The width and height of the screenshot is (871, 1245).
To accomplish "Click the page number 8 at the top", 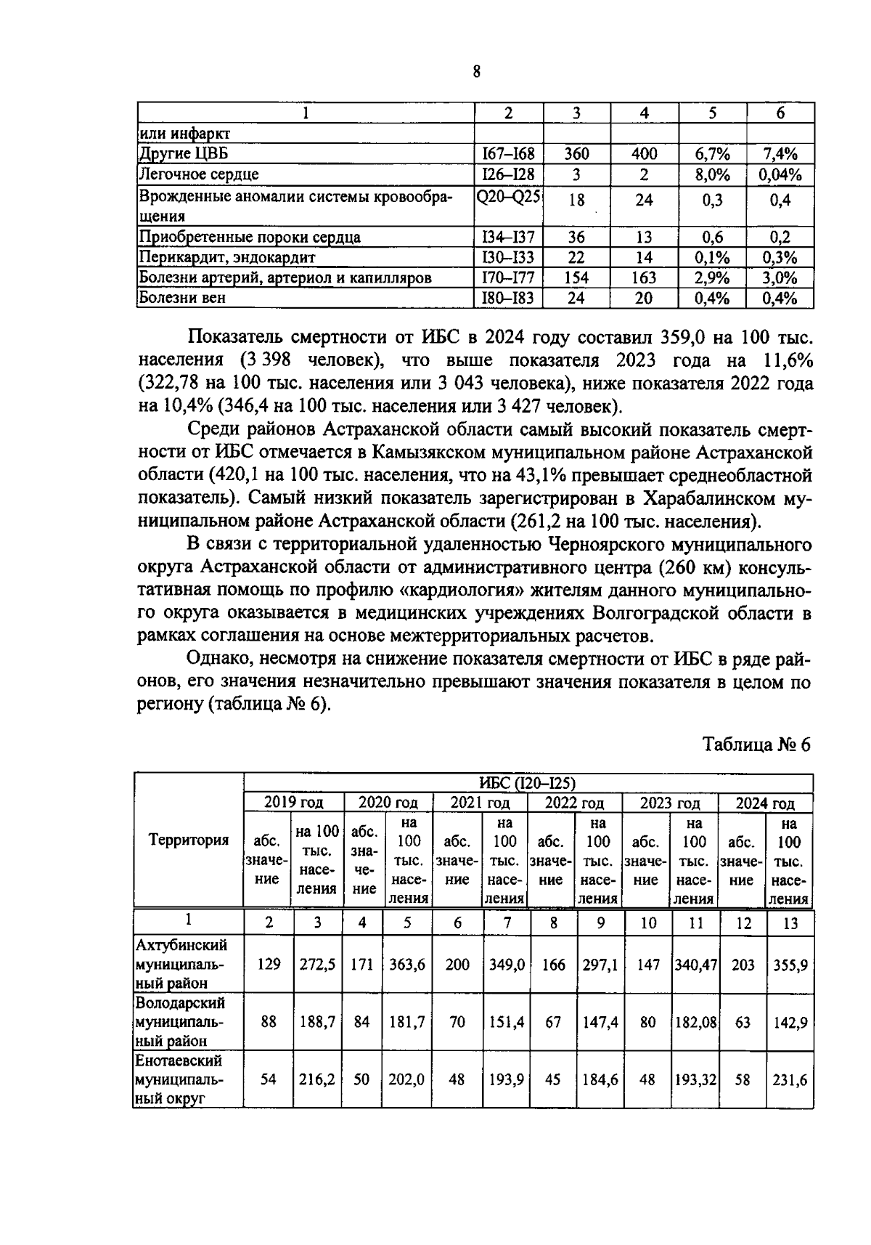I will [x=476, y=71].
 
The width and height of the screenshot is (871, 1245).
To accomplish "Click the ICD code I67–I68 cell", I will [x=508, y=154].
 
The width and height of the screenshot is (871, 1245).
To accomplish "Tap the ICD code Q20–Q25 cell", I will [x=508, y=196].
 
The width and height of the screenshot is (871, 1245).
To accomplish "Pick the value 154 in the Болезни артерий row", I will [x=576, y=277].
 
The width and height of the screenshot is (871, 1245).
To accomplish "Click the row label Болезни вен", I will [x=182, y=298].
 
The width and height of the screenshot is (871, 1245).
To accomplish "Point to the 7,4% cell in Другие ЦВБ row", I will [x=780, y=154].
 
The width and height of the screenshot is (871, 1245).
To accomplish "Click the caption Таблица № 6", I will [x=756, y=745].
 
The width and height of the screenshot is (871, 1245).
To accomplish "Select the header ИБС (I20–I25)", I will [x=528, y=783].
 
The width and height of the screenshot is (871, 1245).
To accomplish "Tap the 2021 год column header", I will [x=480, y=803].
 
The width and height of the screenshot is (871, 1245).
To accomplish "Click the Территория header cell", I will [x=189, y=840].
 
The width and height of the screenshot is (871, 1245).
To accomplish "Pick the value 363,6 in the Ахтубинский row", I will [x=407, y=965].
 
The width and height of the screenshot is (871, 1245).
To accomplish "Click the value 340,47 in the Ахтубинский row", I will [x=695, y=965].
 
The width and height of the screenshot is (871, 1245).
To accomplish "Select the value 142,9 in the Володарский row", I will [x=790, y=1022].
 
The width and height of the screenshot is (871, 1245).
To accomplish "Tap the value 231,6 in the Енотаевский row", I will [x=790, y=1080].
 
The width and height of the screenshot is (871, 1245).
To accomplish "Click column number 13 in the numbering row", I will [x=790, y=922].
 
